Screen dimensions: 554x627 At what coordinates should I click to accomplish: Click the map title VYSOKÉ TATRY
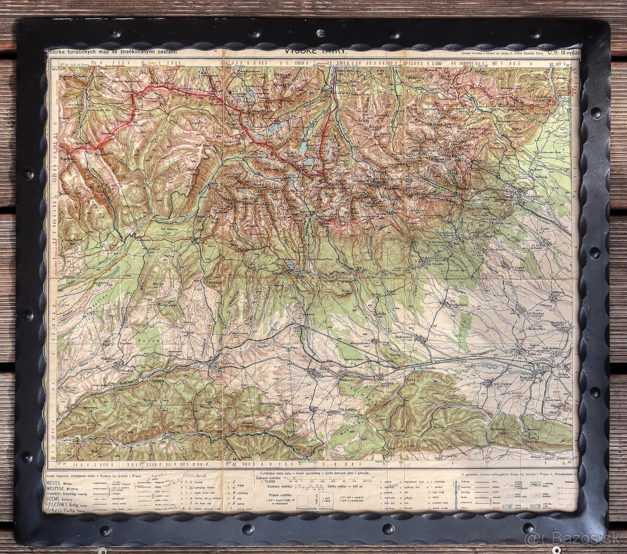tap(313, 51)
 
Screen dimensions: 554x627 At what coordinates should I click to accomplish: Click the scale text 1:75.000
tap(267, 482)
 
